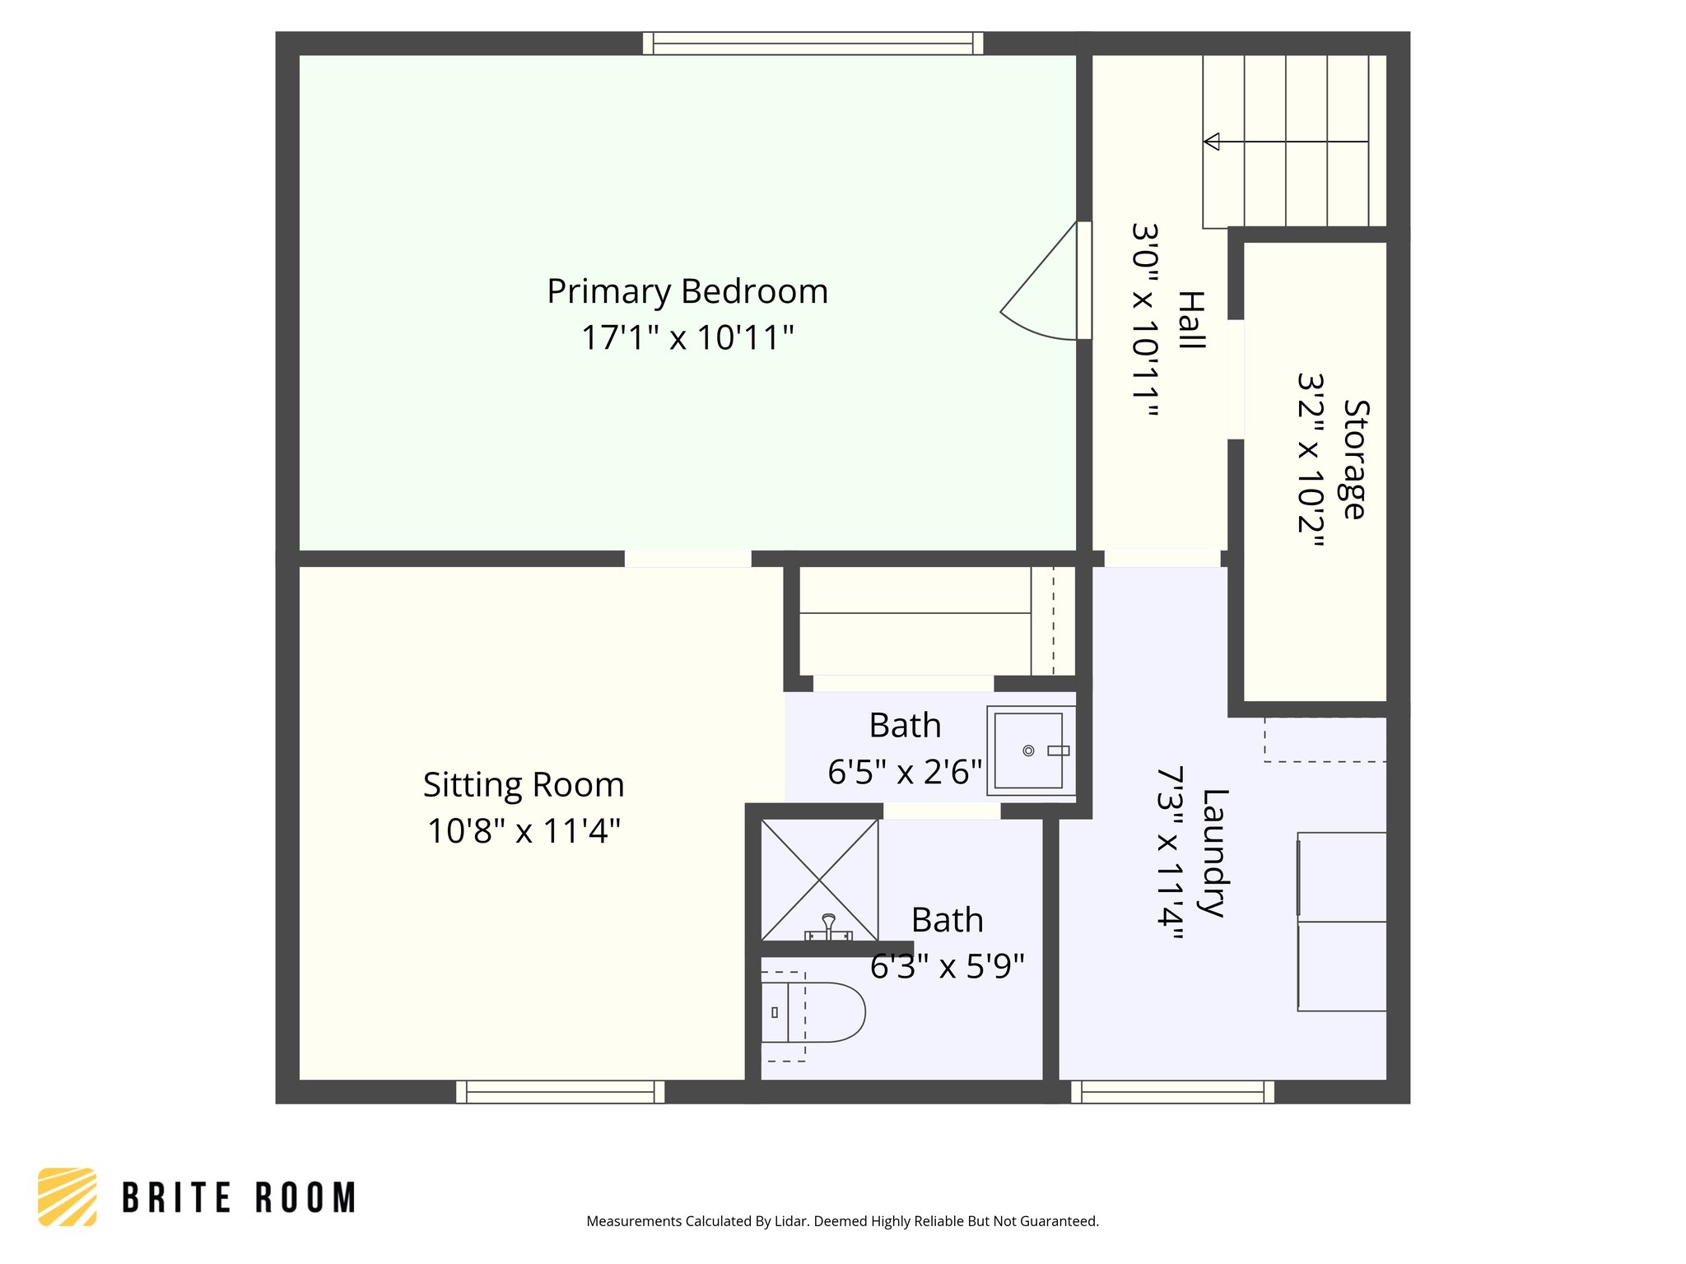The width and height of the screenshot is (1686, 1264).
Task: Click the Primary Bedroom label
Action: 687,292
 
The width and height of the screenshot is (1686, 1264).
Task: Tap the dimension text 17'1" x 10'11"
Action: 687,338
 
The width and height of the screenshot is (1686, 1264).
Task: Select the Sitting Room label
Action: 524,785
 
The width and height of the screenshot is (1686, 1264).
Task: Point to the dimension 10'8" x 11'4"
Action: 524,831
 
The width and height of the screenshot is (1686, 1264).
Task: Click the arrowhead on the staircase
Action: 1211,142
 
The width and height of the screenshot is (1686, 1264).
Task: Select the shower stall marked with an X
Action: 819,879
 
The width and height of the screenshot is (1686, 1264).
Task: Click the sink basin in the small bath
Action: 1028,750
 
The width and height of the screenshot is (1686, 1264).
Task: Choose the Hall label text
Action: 1190,320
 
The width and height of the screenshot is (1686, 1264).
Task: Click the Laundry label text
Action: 1214,853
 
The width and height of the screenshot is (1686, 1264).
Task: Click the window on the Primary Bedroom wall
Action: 813,44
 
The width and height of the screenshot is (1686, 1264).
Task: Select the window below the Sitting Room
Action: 560,1092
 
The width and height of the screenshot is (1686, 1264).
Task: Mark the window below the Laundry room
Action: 1172,1092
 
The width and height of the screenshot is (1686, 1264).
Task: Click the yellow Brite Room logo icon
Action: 68,1197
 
